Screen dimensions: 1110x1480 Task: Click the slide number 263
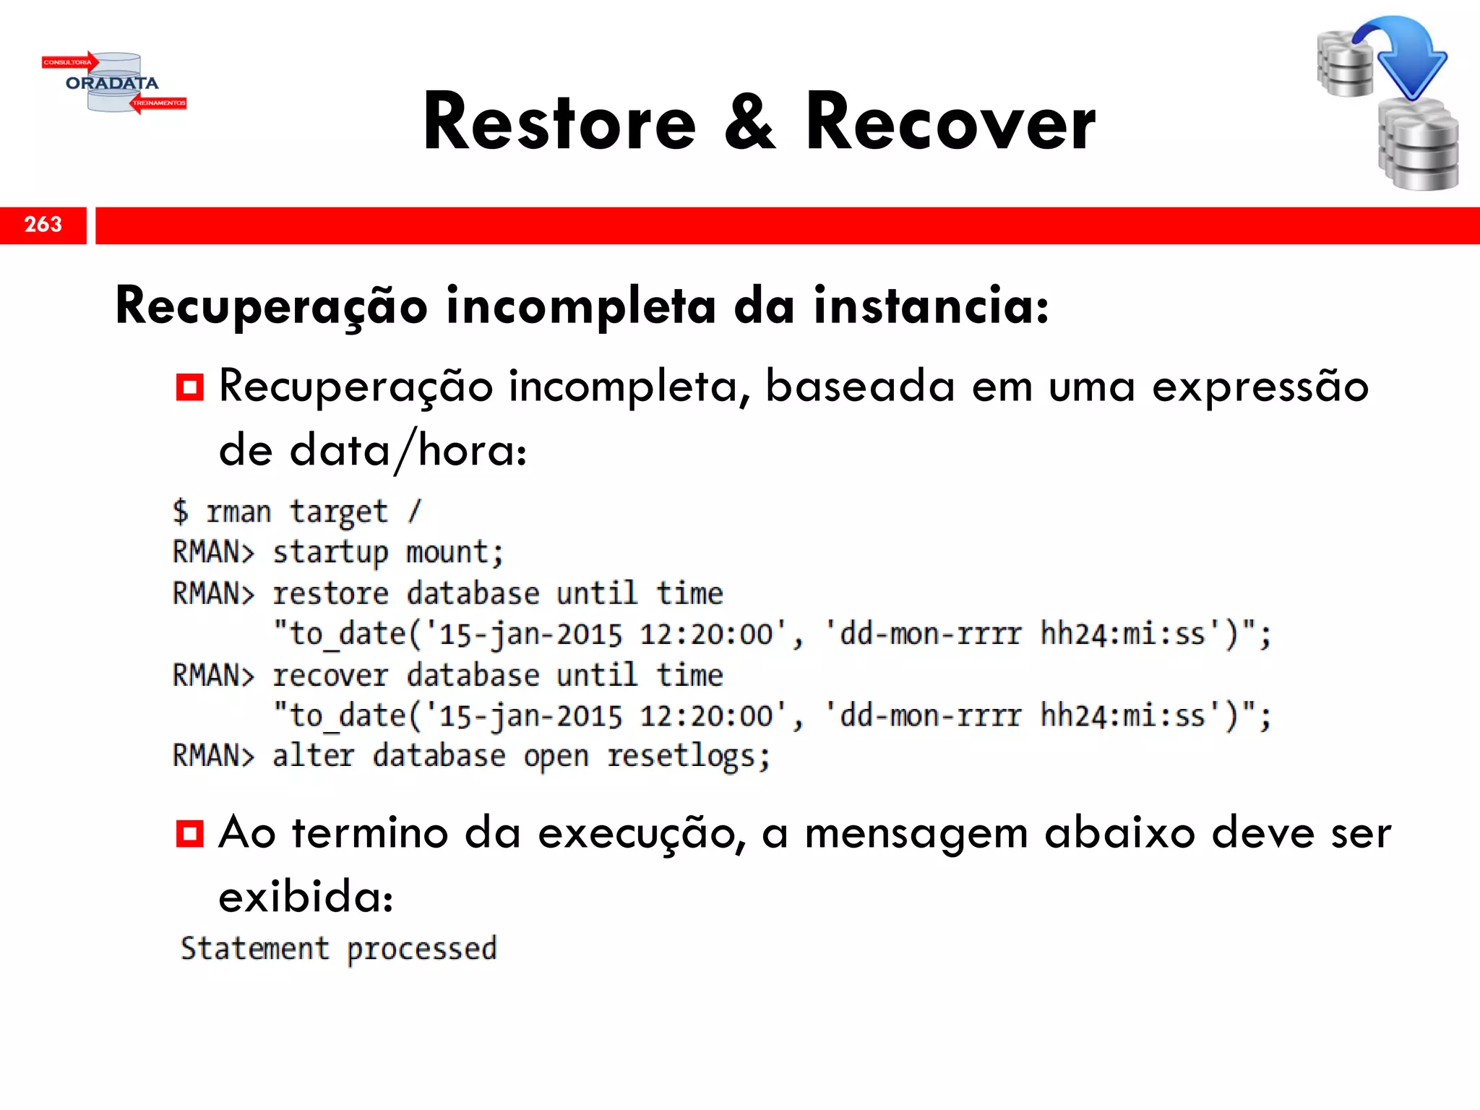click(43, 225)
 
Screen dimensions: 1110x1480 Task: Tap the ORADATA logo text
click(112, 83)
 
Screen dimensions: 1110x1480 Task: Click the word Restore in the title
click(559, 123)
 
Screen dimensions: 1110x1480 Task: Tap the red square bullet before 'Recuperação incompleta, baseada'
click(189, 387)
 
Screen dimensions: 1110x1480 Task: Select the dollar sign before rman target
click(181, 512)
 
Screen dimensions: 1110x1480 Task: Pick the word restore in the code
click(331, 594)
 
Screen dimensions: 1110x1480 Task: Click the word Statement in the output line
click(254, 949)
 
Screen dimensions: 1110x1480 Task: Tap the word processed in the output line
click(422, 950)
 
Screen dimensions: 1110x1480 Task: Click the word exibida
click(305, 897)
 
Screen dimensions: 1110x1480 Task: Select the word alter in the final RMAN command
click(314, 757)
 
